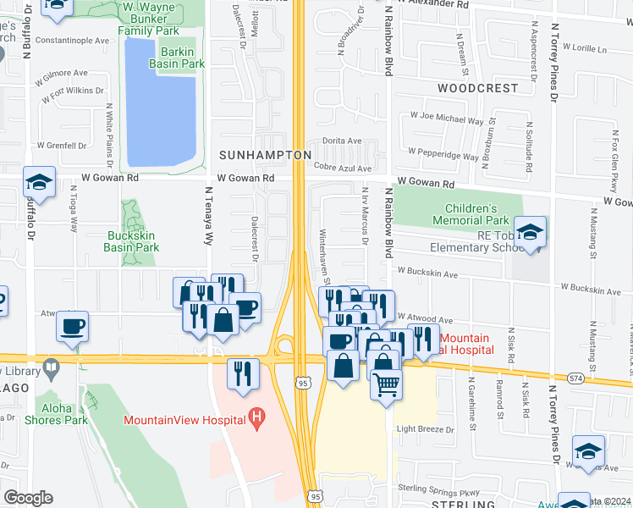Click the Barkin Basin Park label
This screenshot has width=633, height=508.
pyautogui.click(x=178, y=57)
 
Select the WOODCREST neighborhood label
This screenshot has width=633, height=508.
pyautogui.click(x=477, y=88)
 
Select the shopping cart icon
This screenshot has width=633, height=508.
pyautogui.click(x=386, y=384)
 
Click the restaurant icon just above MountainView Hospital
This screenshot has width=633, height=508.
pyautogui.click(x=242, y=373)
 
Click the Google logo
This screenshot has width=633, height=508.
pyautogui.click(x=27, y=498)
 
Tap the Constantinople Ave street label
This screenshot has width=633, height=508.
pyautogui.click(x=73, y=40)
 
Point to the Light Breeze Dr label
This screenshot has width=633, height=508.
pyautogui.click(x=426, y=429)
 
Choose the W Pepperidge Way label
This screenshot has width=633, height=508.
pyautogui.click(x=446, y=156)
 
